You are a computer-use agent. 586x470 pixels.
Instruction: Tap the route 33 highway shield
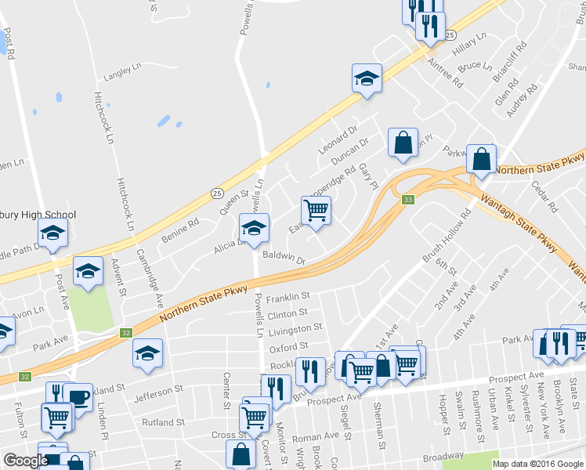coord(408,200)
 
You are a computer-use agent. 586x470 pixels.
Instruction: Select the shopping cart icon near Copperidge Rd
coord(316,210)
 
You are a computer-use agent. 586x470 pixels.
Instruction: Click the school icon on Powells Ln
coord(254,228)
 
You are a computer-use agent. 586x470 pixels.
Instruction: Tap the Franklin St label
coord(288,298)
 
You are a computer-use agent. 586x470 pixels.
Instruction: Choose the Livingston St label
coord(295,329)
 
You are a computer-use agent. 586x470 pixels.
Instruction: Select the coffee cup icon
coord(78,396)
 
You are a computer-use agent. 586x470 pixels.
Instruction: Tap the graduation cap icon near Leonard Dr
coord(367,78)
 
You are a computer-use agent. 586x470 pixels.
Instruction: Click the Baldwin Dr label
coord(283,257)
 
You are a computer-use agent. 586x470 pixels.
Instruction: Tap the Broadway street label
coord(442,457)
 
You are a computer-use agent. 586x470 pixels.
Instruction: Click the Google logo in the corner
coord(26,461)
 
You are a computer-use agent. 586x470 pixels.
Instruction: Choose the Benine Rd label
coord(180,227)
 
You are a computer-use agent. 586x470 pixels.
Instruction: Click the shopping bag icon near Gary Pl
coord(403,143)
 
